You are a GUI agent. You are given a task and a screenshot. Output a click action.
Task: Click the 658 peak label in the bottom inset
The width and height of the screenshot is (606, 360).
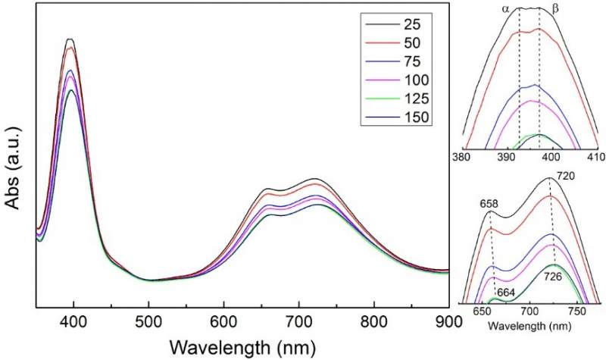coord(489,203)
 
